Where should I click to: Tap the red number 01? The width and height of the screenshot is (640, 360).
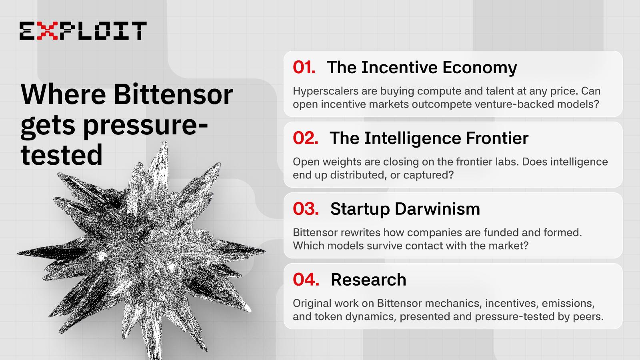(x=304, y=68)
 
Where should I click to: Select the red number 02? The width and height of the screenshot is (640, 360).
(x=306, y=138)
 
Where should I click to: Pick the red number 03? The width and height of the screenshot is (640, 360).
(x=306, y=209)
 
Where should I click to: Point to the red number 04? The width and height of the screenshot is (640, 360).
(x=306, y=280)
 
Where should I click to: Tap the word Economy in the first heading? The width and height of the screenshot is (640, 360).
(x=480, y=68)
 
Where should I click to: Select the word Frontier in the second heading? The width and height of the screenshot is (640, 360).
(x=497, y=138)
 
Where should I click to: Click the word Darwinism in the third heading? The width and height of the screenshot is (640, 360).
(x=437, y=209)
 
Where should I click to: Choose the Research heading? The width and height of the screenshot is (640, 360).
(x=368, y=280)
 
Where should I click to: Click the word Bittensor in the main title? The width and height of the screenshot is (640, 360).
(x=174, y=94)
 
